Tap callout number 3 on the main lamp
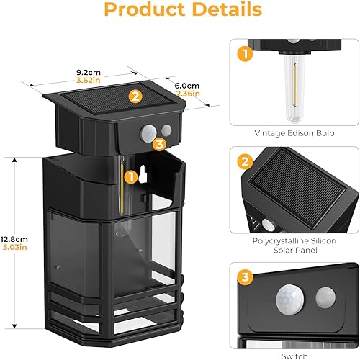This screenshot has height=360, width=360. pyautogui.click(x=159, y=144)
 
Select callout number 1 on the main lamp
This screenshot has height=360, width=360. pyautogui.click(x=130, y=175)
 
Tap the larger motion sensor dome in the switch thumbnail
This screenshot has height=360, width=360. pyautogui.click(x=290, y=297)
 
